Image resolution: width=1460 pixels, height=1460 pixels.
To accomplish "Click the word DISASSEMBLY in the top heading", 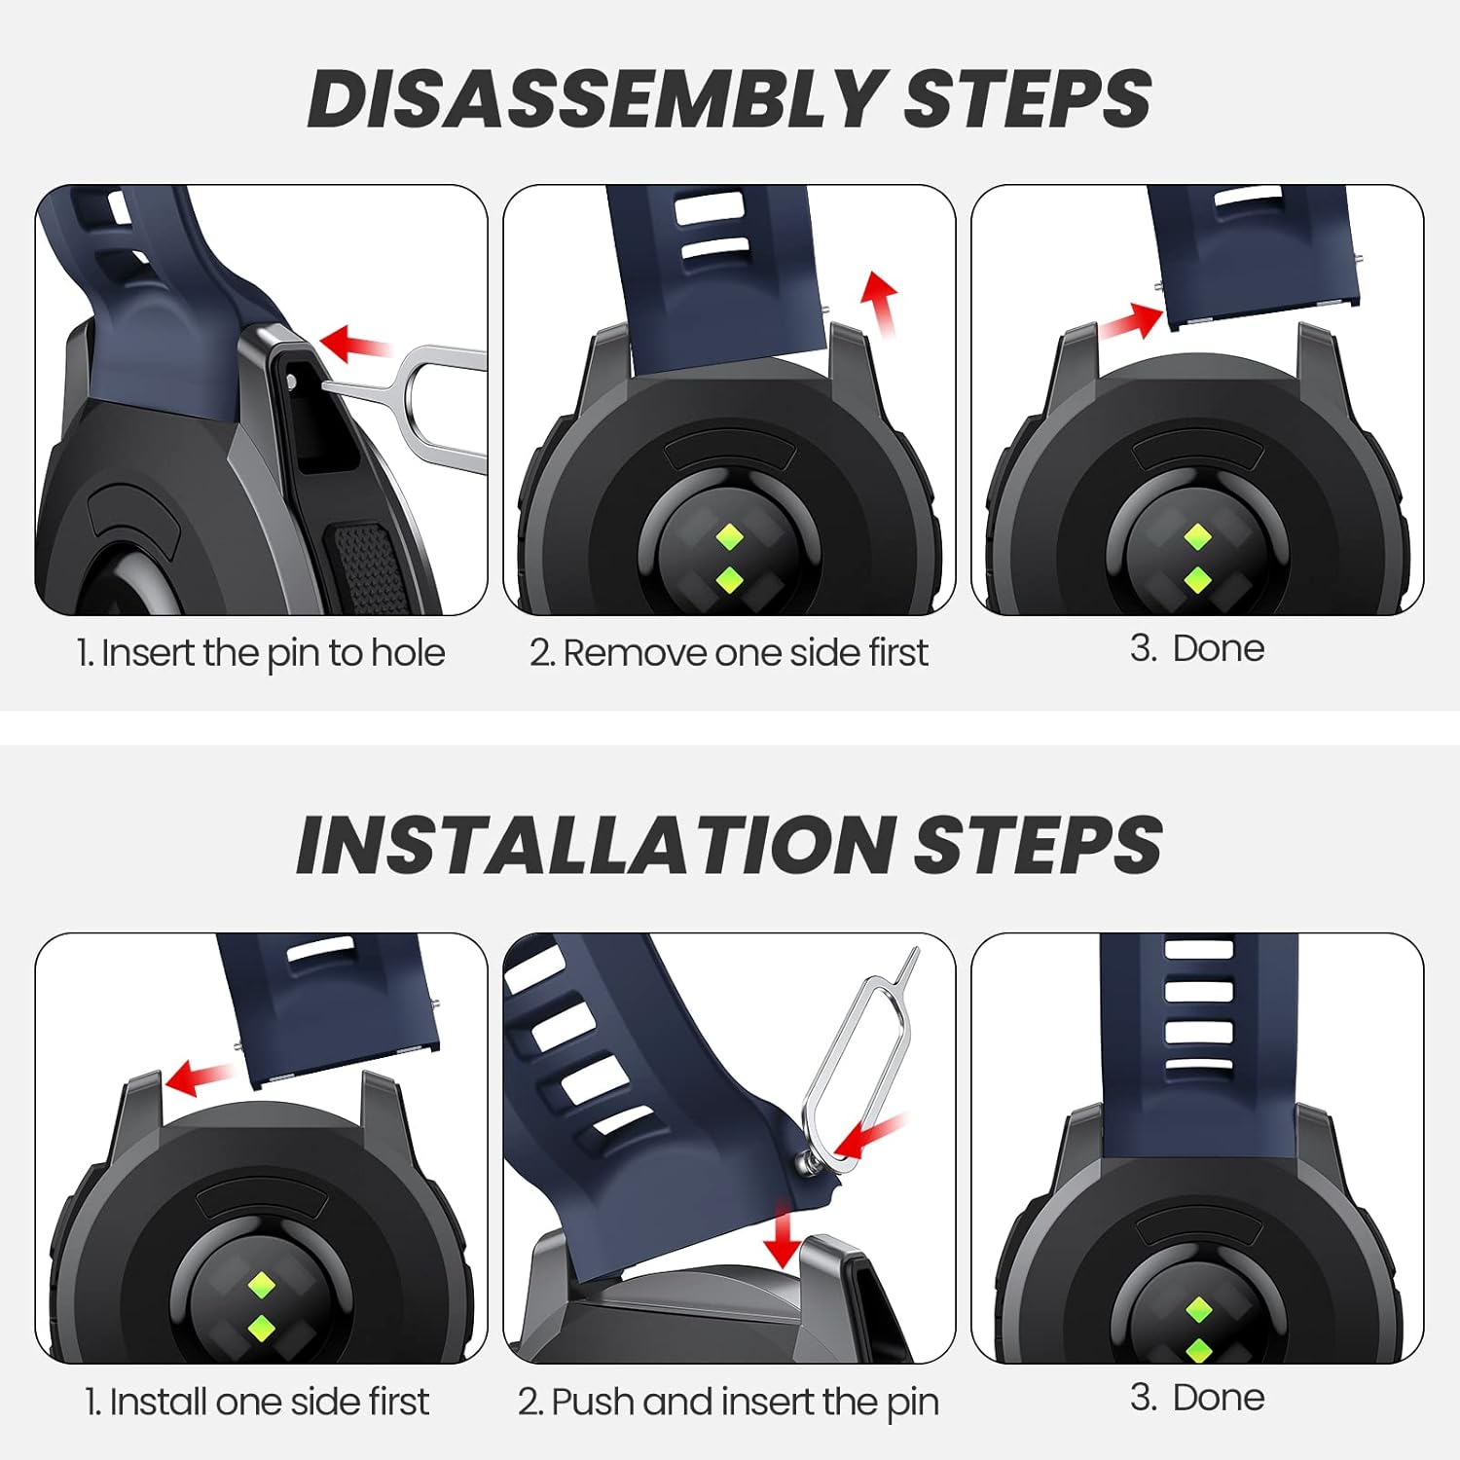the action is [595, 98].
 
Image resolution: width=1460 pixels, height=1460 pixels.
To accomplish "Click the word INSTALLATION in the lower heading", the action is [595, 844].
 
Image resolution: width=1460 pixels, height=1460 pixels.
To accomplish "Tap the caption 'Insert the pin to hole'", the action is [273, 653].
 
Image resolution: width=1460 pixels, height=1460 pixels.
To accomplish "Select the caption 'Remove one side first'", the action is [746, 653].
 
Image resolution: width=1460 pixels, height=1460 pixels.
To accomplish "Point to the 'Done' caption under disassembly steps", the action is [1218, 648].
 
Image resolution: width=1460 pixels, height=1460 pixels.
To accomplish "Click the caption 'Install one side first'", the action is [269, 1403].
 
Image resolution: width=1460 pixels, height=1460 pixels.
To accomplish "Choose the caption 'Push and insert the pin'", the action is [745, 1403].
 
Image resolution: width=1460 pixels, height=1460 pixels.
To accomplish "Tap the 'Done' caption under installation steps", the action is [1219, 1398].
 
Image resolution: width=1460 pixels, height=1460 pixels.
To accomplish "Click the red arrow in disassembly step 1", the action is [354, 343].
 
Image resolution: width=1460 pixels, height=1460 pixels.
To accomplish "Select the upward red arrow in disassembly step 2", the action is [881, 304].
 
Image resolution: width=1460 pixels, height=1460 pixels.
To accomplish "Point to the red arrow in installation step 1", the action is [200, 1077].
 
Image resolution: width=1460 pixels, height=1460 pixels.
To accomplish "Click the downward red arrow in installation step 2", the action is [781, 1234].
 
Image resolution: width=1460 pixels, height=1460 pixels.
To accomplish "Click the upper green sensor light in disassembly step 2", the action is [729, 537].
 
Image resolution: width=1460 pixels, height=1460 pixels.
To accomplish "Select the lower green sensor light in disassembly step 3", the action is [1197, 581].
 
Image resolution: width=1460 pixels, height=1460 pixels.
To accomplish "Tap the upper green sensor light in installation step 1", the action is [261, 1285].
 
